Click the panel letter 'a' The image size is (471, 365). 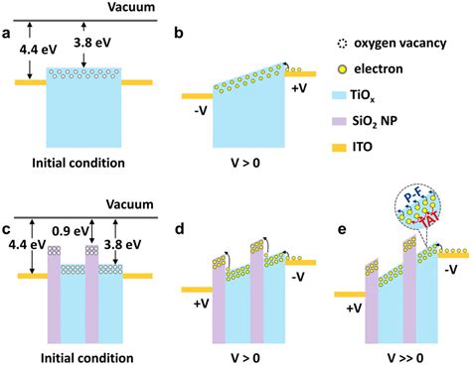click(x=6, y=34)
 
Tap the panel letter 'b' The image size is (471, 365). click(x=179, y=33)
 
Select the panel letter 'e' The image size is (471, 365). click(x=341, y=229)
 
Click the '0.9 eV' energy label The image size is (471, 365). click(x=71, y=231)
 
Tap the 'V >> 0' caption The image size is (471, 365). click(x=405, y=358)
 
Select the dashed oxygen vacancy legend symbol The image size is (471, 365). click(x=342, y=44)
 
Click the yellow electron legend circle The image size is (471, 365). click(x=342, y=69)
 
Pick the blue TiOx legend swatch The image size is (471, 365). click(x=339, y=95)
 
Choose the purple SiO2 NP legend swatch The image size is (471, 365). click(x=339, y=122)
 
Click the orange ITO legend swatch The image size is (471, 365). click(x=339, y=148)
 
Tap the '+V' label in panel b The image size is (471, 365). click(x=299, y=88)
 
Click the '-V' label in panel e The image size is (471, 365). click(x=451, y=270)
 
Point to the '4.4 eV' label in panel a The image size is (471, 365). click(x=38, y=50)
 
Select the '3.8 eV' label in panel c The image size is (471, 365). click(x=122, y=244)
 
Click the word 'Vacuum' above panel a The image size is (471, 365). click(x=131, y=7)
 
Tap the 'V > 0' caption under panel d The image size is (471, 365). click(x=245, y=358)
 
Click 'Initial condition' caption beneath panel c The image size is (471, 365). click(x=87, y=358)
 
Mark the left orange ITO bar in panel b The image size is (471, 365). click(x=197, y=96)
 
